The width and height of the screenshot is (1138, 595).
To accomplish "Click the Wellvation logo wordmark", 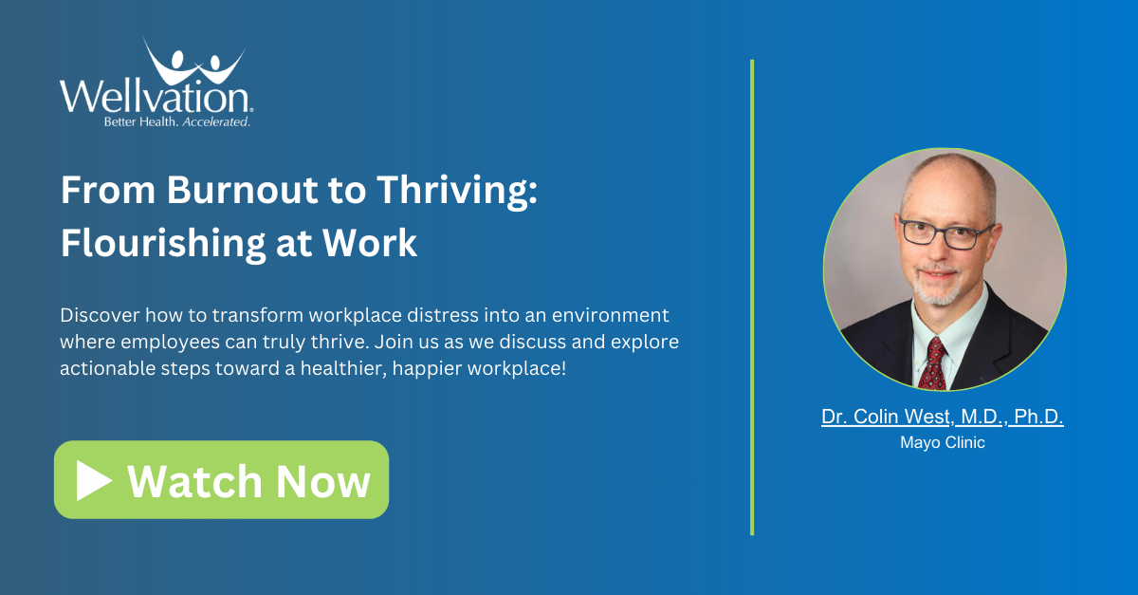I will click(x=156, y=97).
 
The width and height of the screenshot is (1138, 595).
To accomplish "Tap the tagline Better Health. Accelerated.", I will click(x=177, y=122).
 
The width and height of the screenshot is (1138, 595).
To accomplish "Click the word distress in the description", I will click(x=413, y=314).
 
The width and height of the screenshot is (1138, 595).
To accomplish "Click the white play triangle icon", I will click(x=94, y=480).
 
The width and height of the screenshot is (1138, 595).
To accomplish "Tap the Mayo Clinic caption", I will click(x=942, y=442).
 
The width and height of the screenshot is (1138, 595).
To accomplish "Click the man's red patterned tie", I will click(x=933, y=362).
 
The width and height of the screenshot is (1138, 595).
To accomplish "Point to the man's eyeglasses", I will click(x=944, y=232).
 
